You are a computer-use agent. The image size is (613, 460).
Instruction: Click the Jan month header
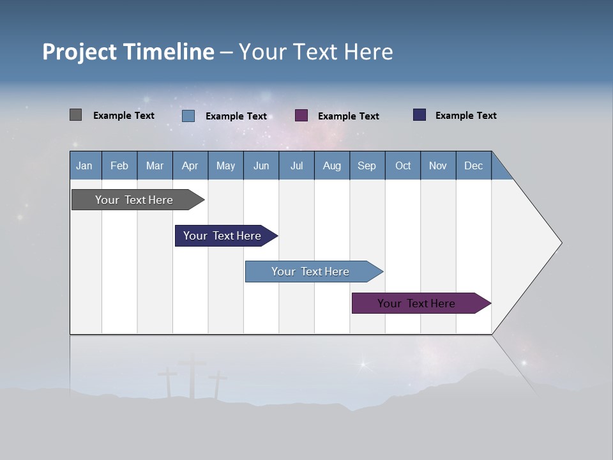pos(85,165)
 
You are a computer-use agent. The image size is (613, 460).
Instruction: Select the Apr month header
pos(190,165)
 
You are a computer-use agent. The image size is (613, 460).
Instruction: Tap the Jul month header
pos(296,165)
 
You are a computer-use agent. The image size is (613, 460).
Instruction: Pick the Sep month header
pos(367,165)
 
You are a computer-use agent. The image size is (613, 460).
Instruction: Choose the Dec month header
pos(473,165)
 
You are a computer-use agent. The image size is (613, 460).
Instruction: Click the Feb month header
pos(119,165)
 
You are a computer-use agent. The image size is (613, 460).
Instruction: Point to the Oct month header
pos(403,165)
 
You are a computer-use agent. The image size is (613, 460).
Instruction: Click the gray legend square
pos(76,115)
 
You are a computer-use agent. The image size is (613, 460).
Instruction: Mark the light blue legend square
pos(188,116)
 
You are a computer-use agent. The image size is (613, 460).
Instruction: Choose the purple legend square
pos(301,116)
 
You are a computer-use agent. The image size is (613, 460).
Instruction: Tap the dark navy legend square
pos(420,115)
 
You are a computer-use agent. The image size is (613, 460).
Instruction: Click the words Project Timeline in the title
pos(128,52)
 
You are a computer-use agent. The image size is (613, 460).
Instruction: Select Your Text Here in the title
pos(315,52)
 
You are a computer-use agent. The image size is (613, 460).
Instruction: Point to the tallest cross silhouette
pos(192,377)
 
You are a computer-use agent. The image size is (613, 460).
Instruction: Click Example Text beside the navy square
pos(465,116)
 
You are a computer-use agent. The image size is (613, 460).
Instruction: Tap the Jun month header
pos(261,165)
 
